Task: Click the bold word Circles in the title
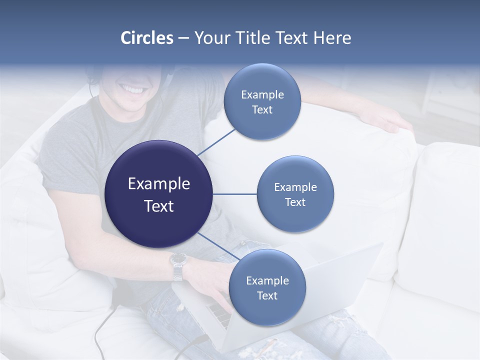(x=147, y=38)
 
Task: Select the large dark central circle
(x=158, y=194)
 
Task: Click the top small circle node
(x=262, y=102)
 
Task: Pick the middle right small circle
(x=295, y=194)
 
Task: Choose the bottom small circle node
(x=267, y=287)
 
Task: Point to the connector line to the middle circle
(x=234, y=194)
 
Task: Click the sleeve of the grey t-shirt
(x=62, y=165)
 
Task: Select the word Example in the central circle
(x=158, y=184)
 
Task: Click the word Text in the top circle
(x=262, y=110)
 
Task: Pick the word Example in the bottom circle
(x=267, y=280)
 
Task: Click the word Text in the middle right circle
(x=295, y=202)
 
